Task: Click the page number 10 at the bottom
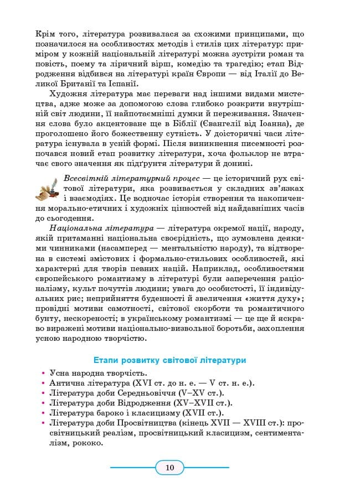point(169,468)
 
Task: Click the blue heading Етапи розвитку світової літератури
point(169,360)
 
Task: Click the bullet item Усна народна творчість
point(98,373)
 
